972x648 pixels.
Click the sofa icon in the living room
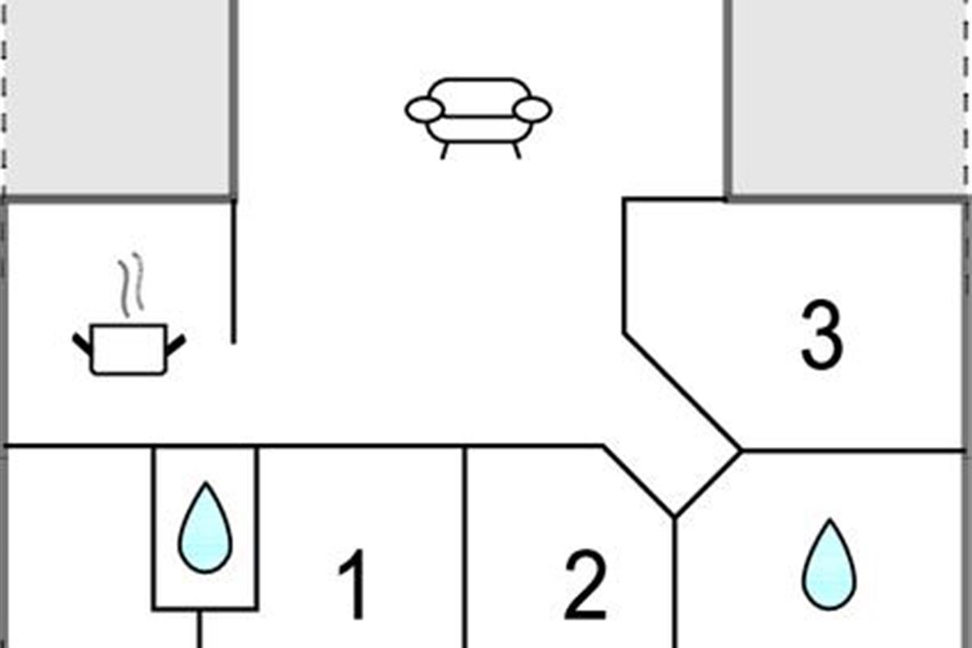coord(478,118)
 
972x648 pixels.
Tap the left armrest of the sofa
coord(424,110)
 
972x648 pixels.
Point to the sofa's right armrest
coord(532,109)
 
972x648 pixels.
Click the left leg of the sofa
coord(444,151)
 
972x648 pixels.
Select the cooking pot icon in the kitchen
coord(129,349)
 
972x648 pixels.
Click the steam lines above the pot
coord(130,284)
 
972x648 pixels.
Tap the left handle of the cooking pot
coord(83,343)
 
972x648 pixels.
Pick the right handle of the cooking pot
coord(176,343)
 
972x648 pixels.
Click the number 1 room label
coord(353,584)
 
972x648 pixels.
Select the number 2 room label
coord(586,585)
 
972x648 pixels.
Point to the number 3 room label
coord(822,335)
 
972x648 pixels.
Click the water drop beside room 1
coord(205,528)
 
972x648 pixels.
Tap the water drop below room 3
coord(829,565)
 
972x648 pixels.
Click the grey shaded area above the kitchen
coord(117,98)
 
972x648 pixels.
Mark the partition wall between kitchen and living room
coord(233,271)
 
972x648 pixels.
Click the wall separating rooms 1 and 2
coord(465,547)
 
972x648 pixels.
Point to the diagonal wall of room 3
coord(681,391)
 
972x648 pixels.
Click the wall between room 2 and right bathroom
coord(675,582)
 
